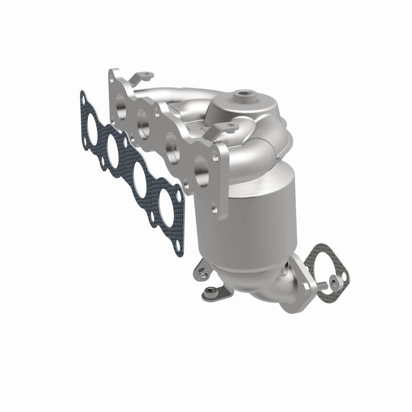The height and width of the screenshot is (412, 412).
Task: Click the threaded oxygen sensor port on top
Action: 242,95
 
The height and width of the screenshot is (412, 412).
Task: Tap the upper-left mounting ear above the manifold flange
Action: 143,77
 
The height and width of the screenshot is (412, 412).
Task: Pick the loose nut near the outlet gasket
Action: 337,280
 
